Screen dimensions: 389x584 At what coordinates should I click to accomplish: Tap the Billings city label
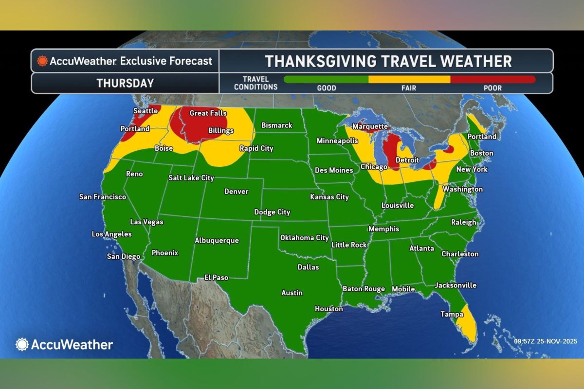tap(221, 131)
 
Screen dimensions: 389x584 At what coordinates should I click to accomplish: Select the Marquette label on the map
tap(369, 126)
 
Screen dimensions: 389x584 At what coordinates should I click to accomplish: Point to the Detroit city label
tap(407, 160)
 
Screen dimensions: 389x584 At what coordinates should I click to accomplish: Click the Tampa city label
tap(452, 314)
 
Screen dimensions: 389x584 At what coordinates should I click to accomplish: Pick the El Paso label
tap(216, 277)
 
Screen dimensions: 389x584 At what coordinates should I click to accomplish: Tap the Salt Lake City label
tap(191, 178)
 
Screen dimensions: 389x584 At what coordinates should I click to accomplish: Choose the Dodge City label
tap(272, 212)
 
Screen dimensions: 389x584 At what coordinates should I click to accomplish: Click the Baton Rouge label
tap(364, 289)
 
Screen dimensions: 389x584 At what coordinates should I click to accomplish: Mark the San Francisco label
tap(103, 197)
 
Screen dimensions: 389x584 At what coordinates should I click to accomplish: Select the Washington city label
tap(462, 189)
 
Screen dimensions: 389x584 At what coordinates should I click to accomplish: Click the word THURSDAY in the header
tap(125, 83)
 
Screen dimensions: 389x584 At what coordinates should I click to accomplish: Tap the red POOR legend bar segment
tap(493, 79)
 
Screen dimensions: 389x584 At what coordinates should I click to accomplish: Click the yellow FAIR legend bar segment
tap(409, 79)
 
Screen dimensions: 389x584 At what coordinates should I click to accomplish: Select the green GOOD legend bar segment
tap(326, 79)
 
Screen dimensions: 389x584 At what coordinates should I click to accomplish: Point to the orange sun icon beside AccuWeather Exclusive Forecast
tap(42, 61)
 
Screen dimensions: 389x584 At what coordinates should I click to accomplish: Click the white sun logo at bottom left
tap(22, 344)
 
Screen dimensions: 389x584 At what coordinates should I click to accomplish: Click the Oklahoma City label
tap(304, 238)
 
